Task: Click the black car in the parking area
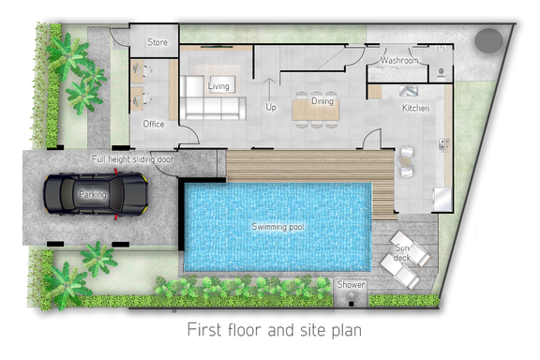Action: pos(96,194)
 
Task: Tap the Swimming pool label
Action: pos(277,227)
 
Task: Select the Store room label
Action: pos(157,42)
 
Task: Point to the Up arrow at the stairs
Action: pos(269,90)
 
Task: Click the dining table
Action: pos(316,110)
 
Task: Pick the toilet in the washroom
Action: pos(442,73)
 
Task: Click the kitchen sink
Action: pos(409,91)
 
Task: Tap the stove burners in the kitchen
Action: pos(444,144)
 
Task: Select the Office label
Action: pos(153,124)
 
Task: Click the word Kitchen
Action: pos(415,108)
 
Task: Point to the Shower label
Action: pos(351,285)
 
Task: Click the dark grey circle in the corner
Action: pos(488,40)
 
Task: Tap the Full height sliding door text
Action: pos(132,159)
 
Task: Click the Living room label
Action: pos(218,85)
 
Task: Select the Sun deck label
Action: pos(402,252)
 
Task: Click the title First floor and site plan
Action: pos(275,330)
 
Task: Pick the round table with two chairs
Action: pos(407,162)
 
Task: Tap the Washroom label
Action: pos(399,60)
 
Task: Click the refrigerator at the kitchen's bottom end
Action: pos(442,199)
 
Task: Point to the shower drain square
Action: pos(351,304)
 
